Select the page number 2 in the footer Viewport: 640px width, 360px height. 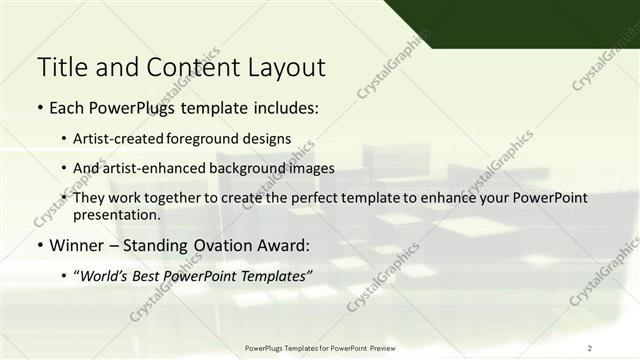tap(590, 347)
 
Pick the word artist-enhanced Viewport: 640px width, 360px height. tap(164, 168)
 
